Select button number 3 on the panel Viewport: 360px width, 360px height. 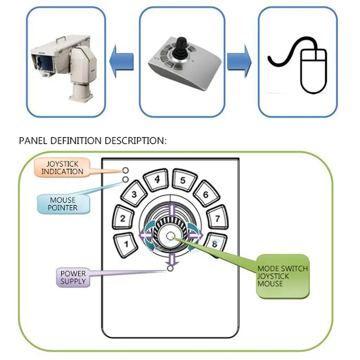134,195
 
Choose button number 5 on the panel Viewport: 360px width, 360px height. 183,180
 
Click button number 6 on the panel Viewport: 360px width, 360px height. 206,194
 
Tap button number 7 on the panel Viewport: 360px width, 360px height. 217,218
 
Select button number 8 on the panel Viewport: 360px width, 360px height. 215,244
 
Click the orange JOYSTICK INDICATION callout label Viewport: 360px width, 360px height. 62,167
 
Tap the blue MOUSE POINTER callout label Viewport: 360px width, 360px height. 63,203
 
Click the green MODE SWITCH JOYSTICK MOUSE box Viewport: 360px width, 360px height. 283,276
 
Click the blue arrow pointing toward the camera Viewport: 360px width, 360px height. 123,61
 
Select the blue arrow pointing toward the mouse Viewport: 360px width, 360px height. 239,61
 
